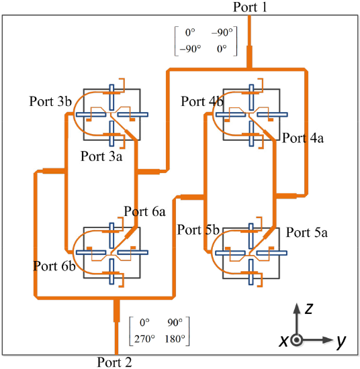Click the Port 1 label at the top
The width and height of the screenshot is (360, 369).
pos(250,7)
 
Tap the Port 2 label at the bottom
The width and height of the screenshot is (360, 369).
pos(114,362)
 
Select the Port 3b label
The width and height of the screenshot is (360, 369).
pos(50,101)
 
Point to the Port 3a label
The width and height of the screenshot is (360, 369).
pos(101,156)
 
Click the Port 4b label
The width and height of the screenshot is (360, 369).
pos(202,101)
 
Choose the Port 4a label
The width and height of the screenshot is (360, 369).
pos(303,138)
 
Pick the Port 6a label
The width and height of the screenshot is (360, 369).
pos(144,211)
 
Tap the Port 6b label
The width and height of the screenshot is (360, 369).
pos(54,266)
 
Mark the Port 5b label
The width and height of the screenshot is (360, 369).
pos(198,229)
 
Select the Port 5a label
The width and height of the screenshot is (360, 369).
pos(307,233)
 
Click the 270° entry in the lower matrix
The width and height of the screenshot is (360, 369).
pos(144,339)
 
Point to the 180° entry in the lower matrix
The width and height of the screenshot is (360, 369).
pos(175,339)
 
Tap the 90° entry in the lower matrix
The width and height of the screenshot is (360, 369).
pos(175,323)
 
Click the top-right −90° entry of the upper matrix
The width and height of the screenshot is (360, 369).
pos(222,32)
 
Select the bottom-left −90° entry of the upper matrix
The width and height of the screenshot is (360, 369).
pos(190,49)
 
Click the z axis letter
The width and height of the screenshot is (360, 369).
pos(309,309)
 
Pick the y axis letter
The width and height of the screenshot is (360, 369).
pos(341,341)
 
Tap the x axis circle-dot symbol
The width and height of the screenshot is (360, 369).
pos(297,340)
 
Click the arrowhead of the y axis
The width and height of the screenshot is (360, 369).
pos(328,340)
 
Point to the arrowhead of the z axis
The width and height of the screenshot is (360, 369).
pos(297,309)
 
